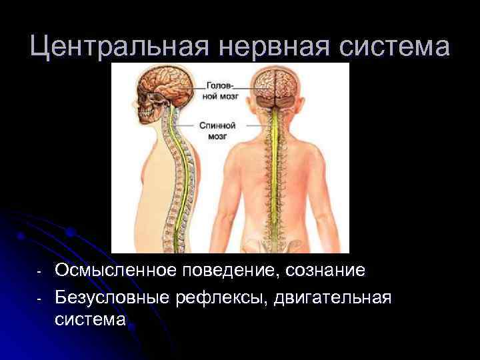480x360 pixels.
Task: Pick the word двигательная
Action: (x=333, y=295)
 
